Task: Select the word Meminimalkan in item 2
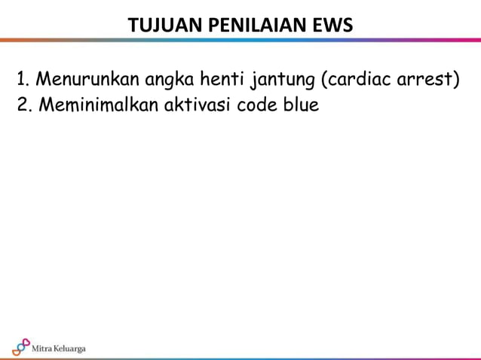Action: pos(96,104)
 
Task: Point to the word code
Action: pos(258,104)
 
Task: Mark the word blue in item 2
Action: pos(301,104)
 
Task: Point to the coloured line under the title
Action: pos(240,40)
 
